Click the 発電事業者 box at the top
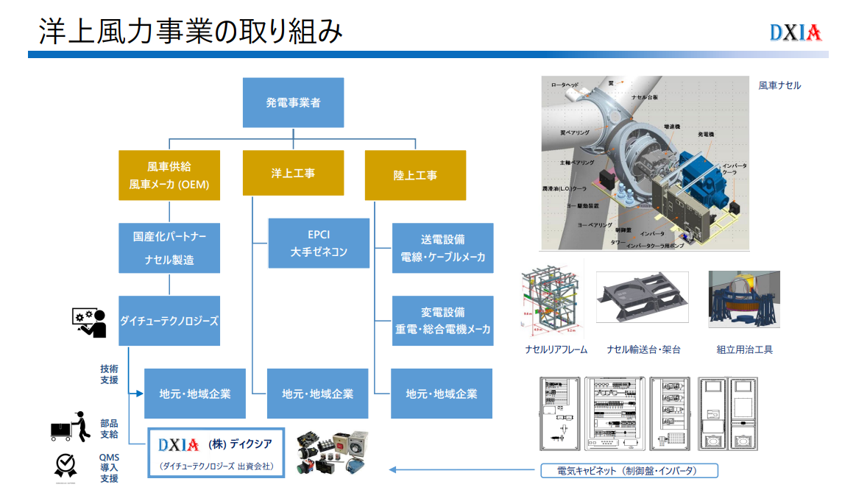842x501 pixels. [x=293, y=103]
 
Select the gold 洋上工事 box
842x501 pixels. [x=293, y=174]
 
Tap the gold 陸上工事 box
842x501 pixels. [x=415, y=175]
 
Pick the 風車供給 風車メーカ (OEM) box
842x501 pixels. [x=169, y=175]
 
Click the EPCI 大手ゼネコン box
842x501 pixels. [x=318, y=243]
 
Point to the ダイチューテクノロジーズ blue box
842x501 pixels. [x=169, y=321]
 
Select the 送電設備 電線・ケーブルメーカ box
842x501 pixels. [x=442, y=248]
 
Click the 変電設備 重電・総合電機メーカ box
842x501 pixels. [x=442, y=321]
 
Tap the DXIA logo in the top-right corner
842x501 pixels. [x=795, y=33]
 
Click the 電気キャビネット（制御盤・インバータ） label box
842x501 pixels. [x=628, y=471]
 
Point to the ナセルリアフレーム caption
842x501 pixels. [x=556, y=349]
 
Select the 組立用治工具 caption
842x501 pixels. [x=744, y=349]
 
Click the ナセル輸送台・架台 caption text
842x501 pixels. [x=643, y=349]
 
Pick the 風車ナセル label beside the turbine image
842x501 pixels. [x=779, y=85]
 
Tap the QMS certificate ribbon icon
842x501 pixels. [x=65, y=466]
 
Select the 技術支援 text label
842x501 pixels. [x=109, y=374]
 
